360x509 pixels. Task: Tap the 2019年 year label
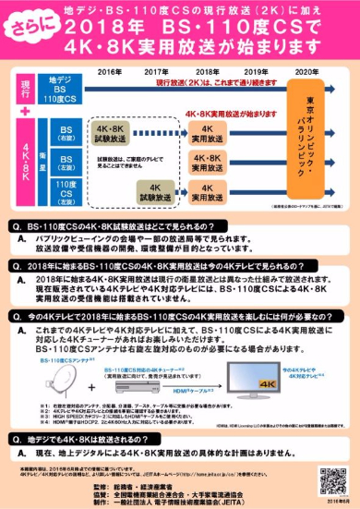[x=254, y=70]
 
